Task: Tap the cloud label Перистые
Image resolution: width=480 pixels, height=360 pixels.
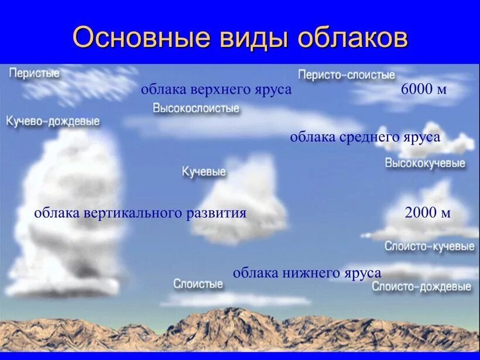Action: (34, 73)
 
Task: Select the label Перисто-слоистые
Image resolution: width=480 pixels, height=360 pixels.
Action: (347, 74)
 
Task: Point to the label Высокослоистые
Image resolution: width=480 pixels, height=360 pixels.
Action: (196, 108)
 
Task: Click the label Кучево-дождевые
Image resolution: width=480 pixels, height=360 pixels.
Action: (53, 121)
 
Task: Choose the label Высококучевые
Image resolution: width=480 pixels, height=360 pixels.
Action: (425, 163)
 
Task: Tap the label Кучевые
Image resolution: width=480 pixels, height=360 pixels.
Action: (204, 172)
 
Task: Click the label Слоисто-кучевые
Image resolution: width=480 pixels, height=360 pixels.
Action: (429, 246)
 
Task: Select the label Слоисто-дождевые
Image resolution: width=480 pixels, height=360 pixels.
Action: (421, 287)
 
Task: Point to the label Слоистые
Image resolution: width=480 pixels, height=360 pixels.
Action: (198, 284)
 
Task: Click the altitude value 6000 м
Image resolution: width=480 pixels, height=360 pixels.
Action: (424, 90)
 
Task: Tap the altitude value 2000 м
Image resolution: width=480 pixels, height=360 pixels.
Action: (427, 212)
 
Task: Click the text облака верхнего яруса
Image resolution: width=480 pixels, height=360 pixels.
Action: (216, 90)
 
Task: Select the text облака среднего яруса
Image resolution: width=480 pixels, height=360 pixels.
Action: (365, 137)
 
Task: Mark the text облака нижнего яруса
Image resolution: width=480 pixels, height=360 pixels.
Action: (307, 273)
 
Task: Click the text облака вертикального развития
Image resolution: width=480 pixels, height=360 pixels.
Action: (140, 212)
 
